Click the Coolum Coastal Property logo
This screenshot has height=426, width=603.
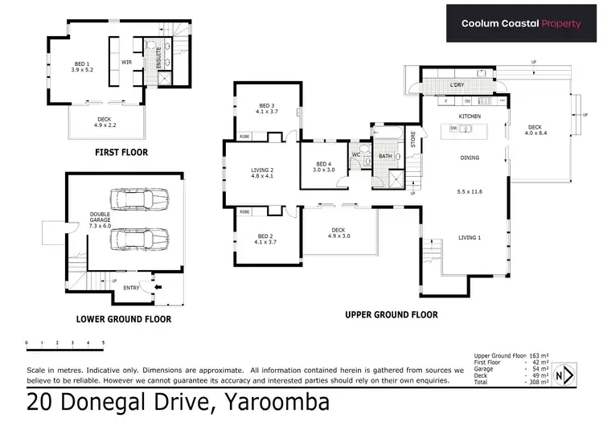pyautogui.click(x=520, y=23)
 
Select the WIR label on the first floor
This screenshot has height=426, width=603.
pyautogui.click(x=126, y=61)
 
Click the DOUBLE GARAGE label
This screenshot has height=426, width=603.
pyautogui.click(x=100, y=218)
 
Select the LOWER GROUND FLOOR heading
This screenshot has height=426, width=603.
pyautogui.click(x=123, y=319)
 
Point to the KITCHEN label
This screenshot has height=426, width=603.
pyautogui.click(x=470, y=117)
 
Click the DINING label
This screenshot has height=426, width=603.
pyautogui.click(x=470, y=158)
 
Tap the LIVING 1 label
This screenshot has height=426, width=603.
pyautogui.click(x=470, y=237)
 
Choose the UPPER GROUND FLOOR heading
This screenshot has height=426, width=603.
pyautogui.click(x=392, y=315)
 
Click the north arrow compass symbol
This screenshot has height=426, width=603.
pyautogui.click(x=570, y=375)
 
